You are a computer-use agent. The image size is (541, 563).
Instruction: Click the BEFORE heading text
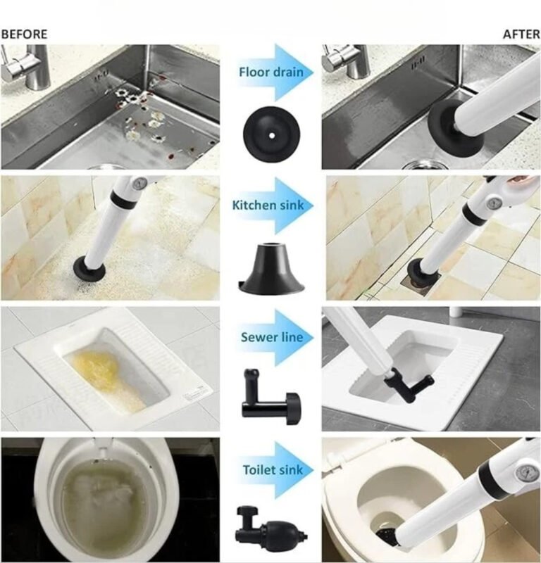(x=24, y=34)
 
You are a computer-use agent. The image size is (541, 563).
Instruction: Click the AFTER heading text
(x=521, y=34)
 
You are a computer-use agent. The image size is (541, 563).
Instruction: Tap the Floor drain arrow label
(x=271, y=72)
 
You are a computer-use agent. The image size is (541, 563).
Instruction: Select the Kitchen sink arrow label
(x=268, y=205)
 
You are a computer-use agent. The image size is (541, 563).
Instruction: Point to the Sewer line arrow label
(x=272, y=337)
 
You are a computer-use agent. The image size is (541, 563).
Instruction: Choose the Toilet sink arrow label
(x=273, y=469)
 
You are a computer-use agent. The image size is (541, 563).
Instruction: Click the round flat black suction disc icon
(x=271, y=134)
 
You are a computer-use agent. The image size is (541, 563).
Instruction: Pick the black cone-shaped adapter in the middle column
(x=272, y=267)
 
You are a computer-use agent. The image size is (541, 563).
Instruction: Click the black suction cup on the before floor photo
(x=89, y=268)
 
